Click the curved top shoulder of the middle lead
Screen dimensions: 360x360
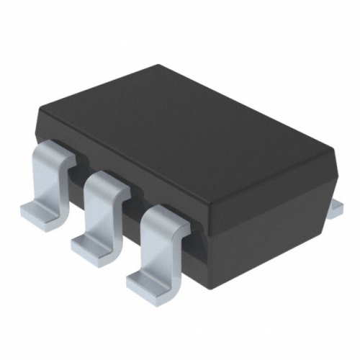pos(108,181)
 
